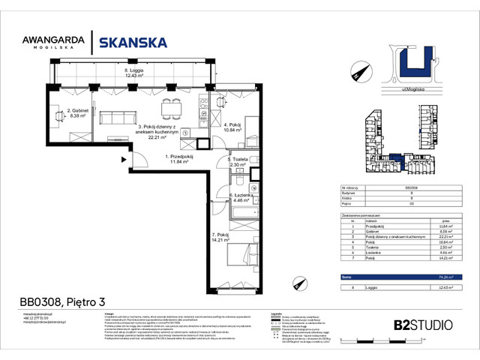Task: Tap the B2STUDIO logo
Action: tap(423, 325)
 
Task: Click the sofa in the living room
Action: tap(117, 118)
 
